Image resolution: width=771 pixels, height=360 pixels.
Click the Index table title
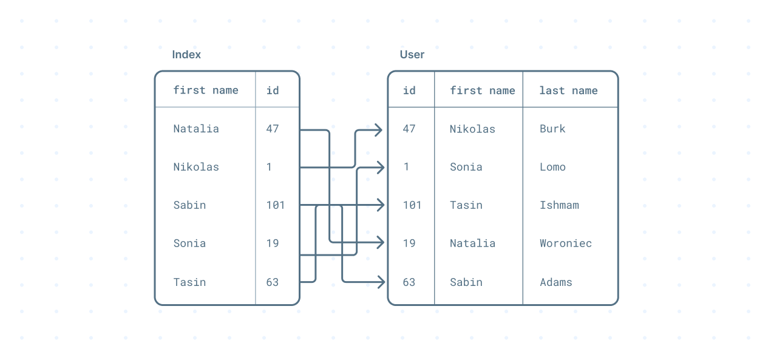click(x=186, y=55)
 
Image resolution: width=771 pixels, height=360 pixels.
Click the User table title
click(x=412, y=55)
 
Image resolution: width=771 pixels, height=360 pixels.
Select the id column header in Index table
click(x=273, y=90)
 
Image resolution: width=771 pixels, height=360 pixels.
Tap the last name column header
click(x=568, y=90)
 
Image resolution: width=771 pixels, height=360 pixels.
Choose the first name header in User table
click(x=482, y=90)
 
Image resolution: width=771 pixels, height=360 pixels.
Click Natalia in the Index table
click(x=196, y=129)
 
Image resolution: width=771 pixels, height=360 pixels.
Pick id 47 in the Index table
click(x=273, y=129)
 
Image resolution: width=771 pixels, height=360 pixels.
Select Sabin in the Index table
click(x=189, y=205)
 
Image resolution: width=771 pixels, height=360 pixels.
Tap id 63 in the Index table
click(x=273, y=282)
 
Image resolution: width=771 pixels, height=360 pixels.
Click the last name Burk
click(x=552, y=129)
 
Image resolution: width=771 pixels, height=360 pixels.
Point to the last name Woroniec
click(x=565, y=243)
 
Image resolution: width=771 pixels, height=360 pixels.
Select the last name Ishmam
click(x=559, y=205)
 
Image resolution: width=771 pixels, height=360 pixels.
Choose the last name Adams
click(x=555, y=282)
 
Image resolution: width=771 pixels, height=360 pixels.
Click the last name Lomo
click(x=552, y=167)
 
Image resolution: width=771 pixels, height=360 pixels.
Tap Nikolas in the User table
click(x=472, y=129)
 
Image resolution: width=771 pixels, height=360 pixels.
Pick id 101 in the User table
click(x=412, y=205)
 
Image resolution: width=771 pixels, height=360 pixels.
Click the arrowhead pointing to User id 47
click(x=378, y=129)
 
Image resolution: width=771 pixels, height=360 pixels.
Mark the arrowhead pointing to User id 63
click(x=380, y=282)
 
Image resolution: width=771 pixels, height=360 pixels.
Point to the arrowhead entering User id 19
click(x=380, y=243)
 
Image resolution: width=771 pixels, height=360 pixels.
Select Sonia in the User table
click(x=466, y=167)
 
